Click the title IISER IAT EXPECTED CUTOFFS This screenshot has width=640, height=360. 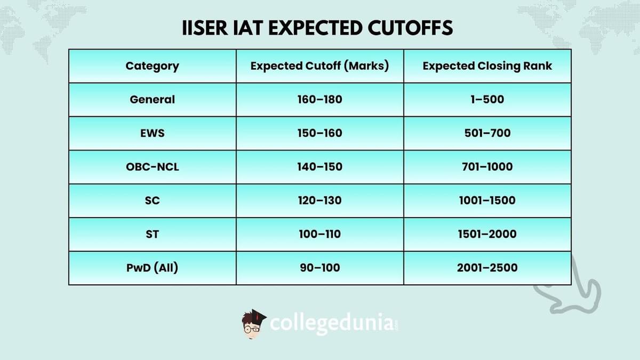click(318, 28)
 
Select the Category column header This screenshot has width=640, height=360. click(152, 66)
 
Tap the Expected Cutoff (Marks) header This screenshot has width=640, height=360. click(319, 66)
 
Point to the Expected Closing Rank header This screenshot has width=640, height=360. click(487, 66)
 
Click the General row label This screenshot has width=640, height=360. click(152, 99)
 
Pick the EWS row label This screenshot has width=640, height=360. click(152, 133)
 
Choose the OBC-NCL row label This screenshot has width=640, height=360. click(152, 166)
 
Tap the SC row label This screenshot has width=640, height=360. click(152, 201)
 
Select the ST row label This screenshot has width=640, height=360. click(152, 234)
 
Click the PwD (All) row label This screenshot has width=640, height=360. click(152, 267)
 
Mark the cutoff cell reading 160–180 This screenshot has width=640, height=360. click(319, 99)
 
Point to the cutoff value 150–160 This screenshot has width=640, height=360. click(319, 133)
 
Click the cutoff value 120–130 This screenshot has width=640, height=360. click(319, 201)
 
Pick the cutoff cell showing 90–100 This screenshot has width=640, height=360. click(319, 267)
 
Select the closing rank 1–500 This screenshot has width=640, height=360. click(487, 99)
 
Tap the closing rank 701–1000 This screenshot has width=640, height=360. click(487, 166)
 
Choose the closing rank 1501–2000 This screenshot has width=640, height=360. click(487, 234)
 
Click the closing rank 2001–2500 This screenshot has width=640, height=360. click(487, 267)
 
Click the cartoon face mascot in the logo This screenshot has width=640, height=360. click(253, 323)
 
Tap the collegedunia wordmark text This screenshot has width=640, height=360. click(332, 324)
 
